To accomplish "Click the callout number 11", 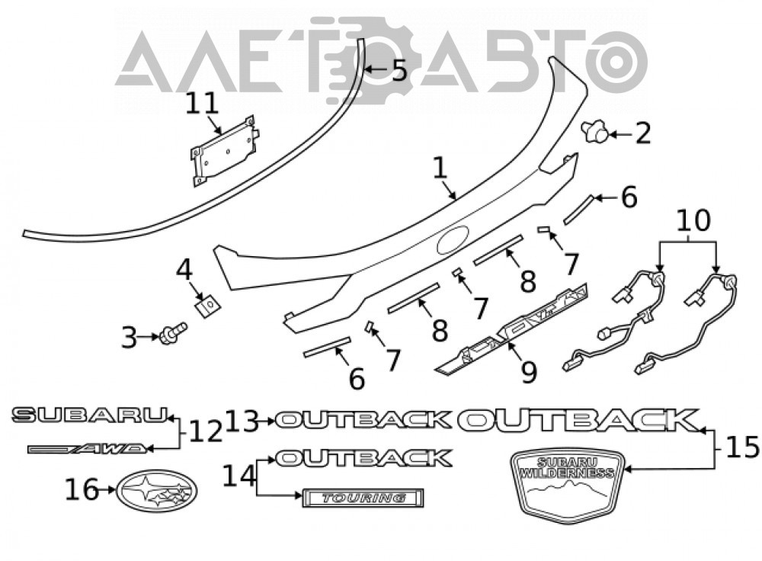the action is (x=203, y=104).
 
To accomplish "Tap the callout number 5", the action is (x=399, y=70).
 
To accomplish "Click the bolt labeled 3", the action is (x=174, y=334).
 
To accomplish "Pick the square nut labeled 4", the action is (x=207, y=306).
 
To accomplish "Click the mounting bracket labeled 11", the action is (x=224, y=151).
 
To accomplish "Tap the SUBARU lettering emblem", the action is (x=89, y=415).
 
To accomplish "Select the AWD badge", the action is (x=88, y=449).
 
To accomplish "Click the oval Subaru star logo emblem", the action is (x=157, y=491).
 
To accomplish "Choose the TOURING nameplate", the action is (x=363, y=498).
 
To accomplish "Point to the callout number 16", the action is (x=82, y=489).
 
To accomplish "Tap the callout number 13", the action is (x=242, y=421).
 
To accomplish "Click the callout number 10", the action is (x=693, y=220).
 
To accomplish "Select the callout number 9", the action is (x=528, y=372).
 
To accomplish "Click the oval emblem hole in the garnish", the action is (x=453, y=240).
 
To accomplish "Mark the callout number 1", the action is (x=440, y=168).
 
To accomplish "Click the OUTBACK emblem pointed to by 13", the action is (x=363, y=420).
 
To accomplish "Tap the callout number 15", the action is (x=742, y=447).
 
